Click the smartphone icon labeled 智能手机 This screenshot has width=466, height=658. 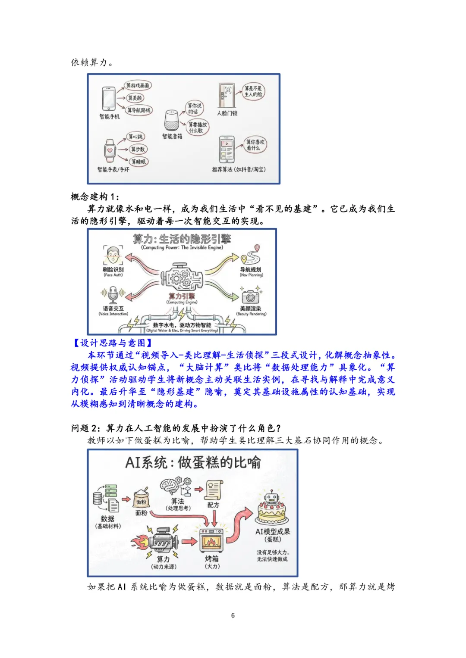(x=108, y=99)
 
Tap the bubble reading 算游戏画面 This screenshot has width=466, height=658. (x=138, y=85)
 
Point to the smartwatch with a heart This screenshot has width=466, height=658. (x=110, y=150)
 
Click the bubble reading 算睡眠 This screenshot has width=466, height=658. (x=139, y=162)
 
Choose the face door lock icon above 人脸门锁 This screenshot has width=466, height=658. (x=227, y=96)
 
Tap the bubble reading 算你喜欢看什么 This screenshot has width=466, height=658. (x=255, y=145)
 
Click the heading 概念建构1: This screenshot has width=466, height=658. (x=95, y=197)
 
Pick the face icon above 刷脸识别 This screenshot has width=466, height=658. (x=113, y=256)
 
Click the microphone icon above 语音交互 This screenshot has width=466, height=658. (x=113, y=295)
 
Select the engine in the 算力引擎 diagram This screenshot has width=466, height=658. (x=182, y=278)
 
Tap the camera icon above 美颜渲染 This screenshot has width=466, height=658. (x=250, y=296)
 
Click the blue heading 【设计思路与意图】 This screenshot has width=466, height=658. (x=112, y=343)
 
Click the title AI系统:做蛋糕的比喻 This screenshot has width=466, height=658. (x=193, y=463)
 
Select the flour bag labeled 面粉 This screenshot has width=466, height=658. (x=141, y=499)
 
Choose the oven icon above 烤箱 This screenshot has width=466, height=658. (x=212, y=540)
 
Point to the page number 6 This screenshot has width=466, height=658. (x=233, y=615)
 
